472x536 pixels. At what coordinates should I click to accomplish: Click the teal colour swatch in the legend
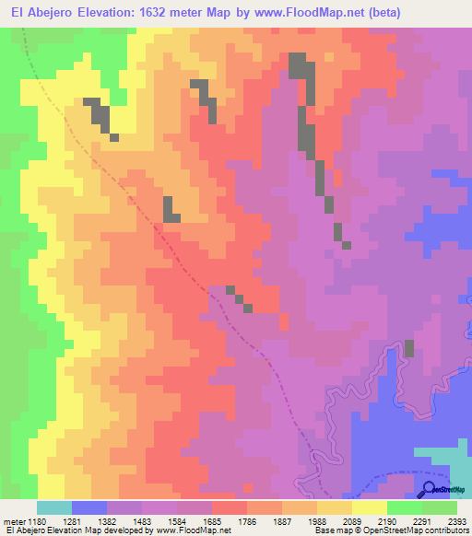click(54, 507)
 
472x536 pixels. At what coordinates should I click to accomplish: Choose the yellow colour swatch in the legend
click(370, 507)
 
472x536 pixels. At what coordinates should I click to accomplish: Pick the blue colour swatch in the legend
click(89, 507)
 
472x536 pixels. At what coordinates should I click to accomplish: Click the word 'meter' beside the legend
click(15, 521)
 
